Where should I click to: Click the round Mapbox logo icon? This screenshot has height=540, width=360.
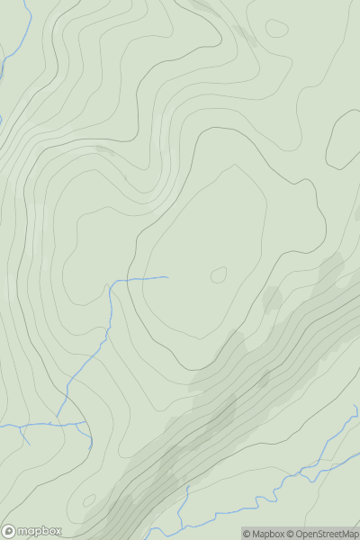coord(10,531)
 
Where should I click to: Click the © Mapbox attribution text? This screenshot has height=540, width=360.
coord(267,534)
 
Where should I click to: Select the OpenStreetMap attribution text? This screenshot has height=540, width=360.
coord(328,534)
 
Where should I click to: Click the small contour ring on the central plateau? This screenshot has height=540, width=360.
coord(219,274)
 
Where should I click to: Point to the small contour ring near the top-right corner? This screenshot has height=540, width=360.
coord(277,28)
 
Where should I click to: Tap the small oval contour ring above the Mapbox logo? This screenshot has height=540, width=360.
coord(88,499)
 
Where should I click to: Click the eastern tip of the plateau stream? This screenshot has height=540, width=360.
coord(167,277)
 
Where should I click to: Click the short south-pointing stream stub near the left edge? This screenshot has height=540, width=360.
coord(24,438)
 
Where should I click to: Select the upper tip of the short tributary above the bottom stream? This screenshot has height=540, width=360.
coord(188,488)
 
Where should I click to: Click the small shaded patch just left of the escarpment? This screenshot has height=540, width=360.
coord(272,297)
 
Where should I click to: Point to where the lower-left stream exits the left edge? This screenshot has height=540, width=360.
coord(1,426)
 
